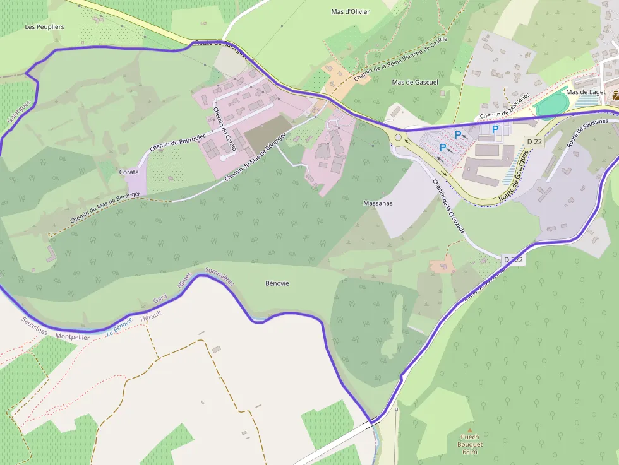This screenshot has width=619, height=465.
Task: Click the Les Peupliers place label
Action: pos(44,27)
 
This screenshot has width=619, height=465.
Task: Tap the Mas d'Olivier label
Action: pos(351,12)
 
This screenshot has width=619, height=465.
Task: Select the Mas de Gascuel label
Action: pos(415,83)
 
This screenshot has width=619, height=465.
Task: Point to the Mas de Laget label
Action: pos(586,92)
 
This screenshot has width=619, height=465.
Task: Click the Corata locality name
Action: pos(129,172)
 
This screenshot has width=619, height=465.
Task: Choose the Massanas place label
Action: pos(378,203)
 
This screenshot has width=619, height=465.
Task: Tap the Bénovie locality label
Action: pos(277,283)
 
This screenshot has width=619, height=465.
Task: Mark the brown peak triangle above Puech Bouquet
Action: pos(469,430)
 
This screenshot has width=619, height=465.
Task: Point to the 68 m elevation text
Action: pos(469,452)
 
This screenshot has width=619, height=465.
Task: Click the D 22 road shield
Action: pos(534,142)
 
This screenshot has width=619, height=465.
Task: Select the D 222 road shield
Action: pos(514,260)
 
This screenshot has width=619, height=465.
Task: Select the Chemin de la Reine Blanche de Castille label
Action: pos(400,59)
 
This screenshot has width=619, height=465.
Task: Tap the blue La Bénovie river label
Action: pos(119,326)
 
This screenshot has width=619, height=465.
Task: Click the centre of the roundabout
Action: pos(398,136)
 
